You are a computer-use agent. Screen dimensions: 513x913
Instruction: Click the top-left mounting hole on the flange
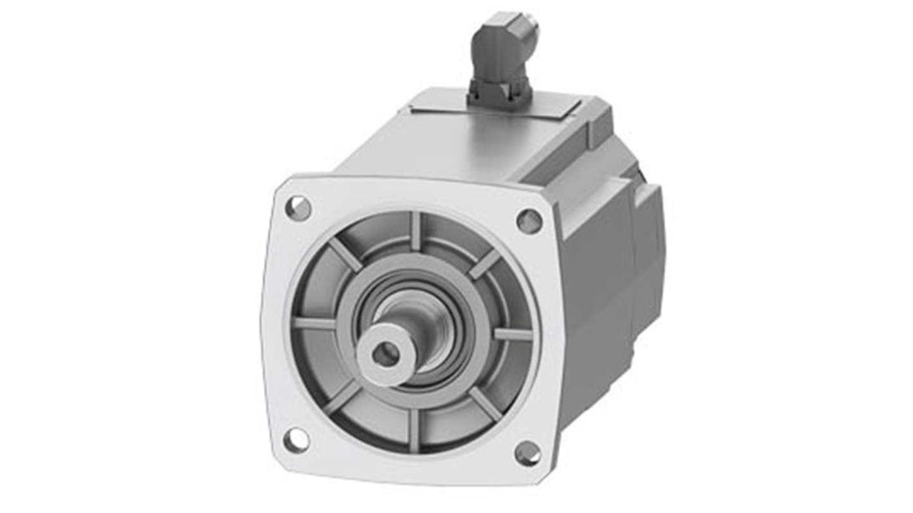point(298,208)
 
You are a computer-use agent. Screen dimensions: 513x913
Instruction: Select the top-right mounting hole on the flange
point(529,221)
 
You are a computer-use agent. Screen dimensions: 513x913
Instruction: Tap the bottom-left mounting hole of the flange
point(296,440)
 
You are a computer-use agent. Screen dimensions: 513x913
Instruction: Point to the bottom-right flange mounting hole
point(528,453)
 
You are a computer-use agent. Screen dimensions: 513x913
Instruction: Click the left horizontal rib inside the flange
point(315,323)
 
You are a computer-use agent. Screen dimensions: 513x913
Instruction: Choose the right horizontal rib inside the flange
point(512,334)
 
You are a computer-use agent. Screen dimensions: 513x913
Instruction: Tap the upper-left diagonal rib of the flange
point(346,255)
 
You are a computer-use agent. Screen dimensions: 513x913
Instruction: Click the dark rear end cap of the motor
point(649,257)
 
